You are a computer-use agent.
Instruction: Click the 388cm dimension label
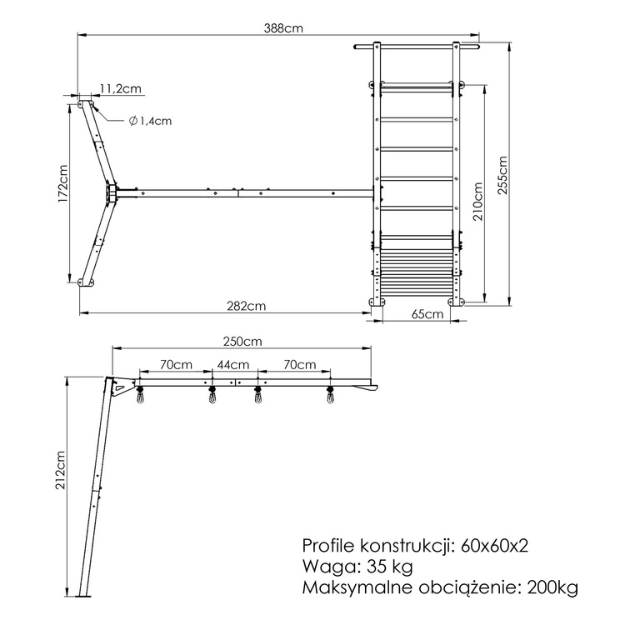click(279, 27)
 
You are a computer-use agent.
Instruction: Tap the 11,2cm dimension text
click(119, 88)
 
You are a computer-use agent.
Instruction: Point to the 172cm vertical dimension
click(62, 190)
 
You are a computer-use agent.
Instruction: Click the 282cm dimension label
click(247, 306)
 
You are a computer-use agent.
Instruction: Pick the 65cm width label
click(427, 313)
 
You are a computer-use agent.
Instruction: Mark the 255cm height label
click(502, 176)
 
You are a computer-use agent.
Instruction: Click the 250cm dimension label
click(242, 341)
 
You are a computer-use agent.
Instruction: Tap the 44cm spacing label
click(232, 364)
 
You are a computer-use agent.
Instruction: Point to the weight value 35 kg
click(389, 567)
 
